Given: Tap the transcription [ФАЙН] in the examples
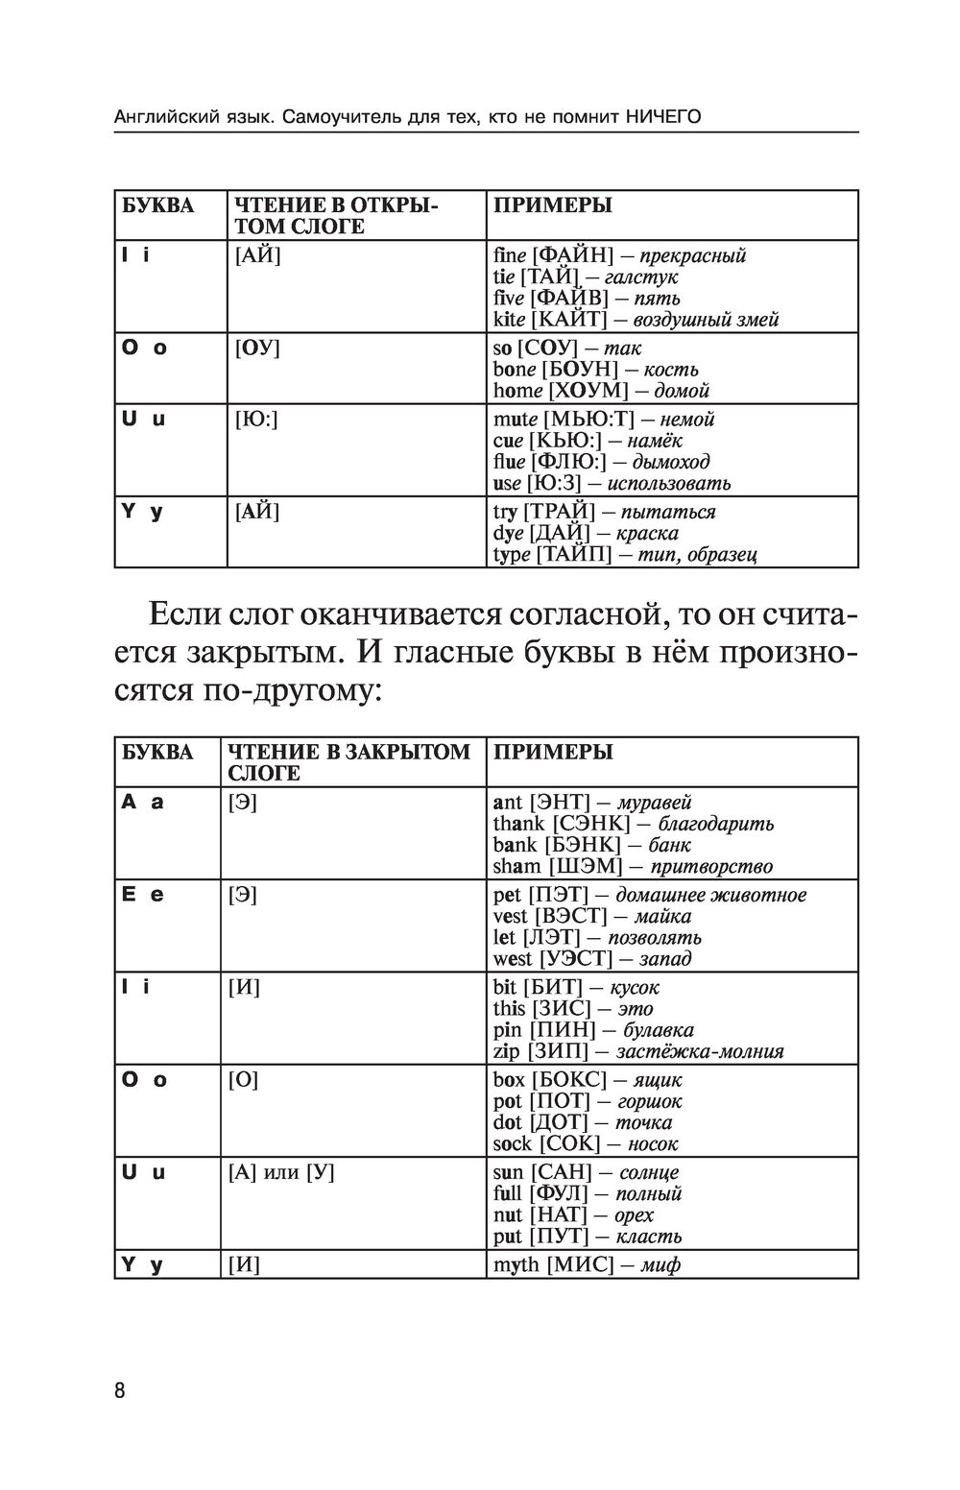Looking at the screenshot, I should click(x=572, y=255).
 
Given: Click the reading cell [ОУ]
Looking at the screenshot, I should click(x=257, y=348).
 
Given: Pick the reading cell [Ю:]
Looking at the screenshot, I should click(x=256, y=420).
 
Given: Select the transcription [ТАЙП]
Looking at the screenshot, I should click(x=573, y=554).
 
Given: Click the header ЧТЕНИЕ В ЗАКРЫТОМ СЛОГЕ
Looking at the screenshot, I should click(x=348, y=762).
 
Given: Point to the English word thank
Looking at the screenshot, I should click(x=518, y=824).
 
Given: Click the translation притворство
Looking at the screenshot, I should click(x=711, y=867).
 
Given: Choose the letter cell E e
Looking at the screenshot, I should click(x=142, y=895).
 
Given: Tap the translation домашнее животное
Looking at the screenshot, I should click(x=710, y=895).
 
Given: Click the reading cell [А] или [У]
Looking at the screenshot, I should click(x=281, y=1172).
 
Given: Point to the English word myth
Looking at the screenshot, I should click(x=516, y=1264).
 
